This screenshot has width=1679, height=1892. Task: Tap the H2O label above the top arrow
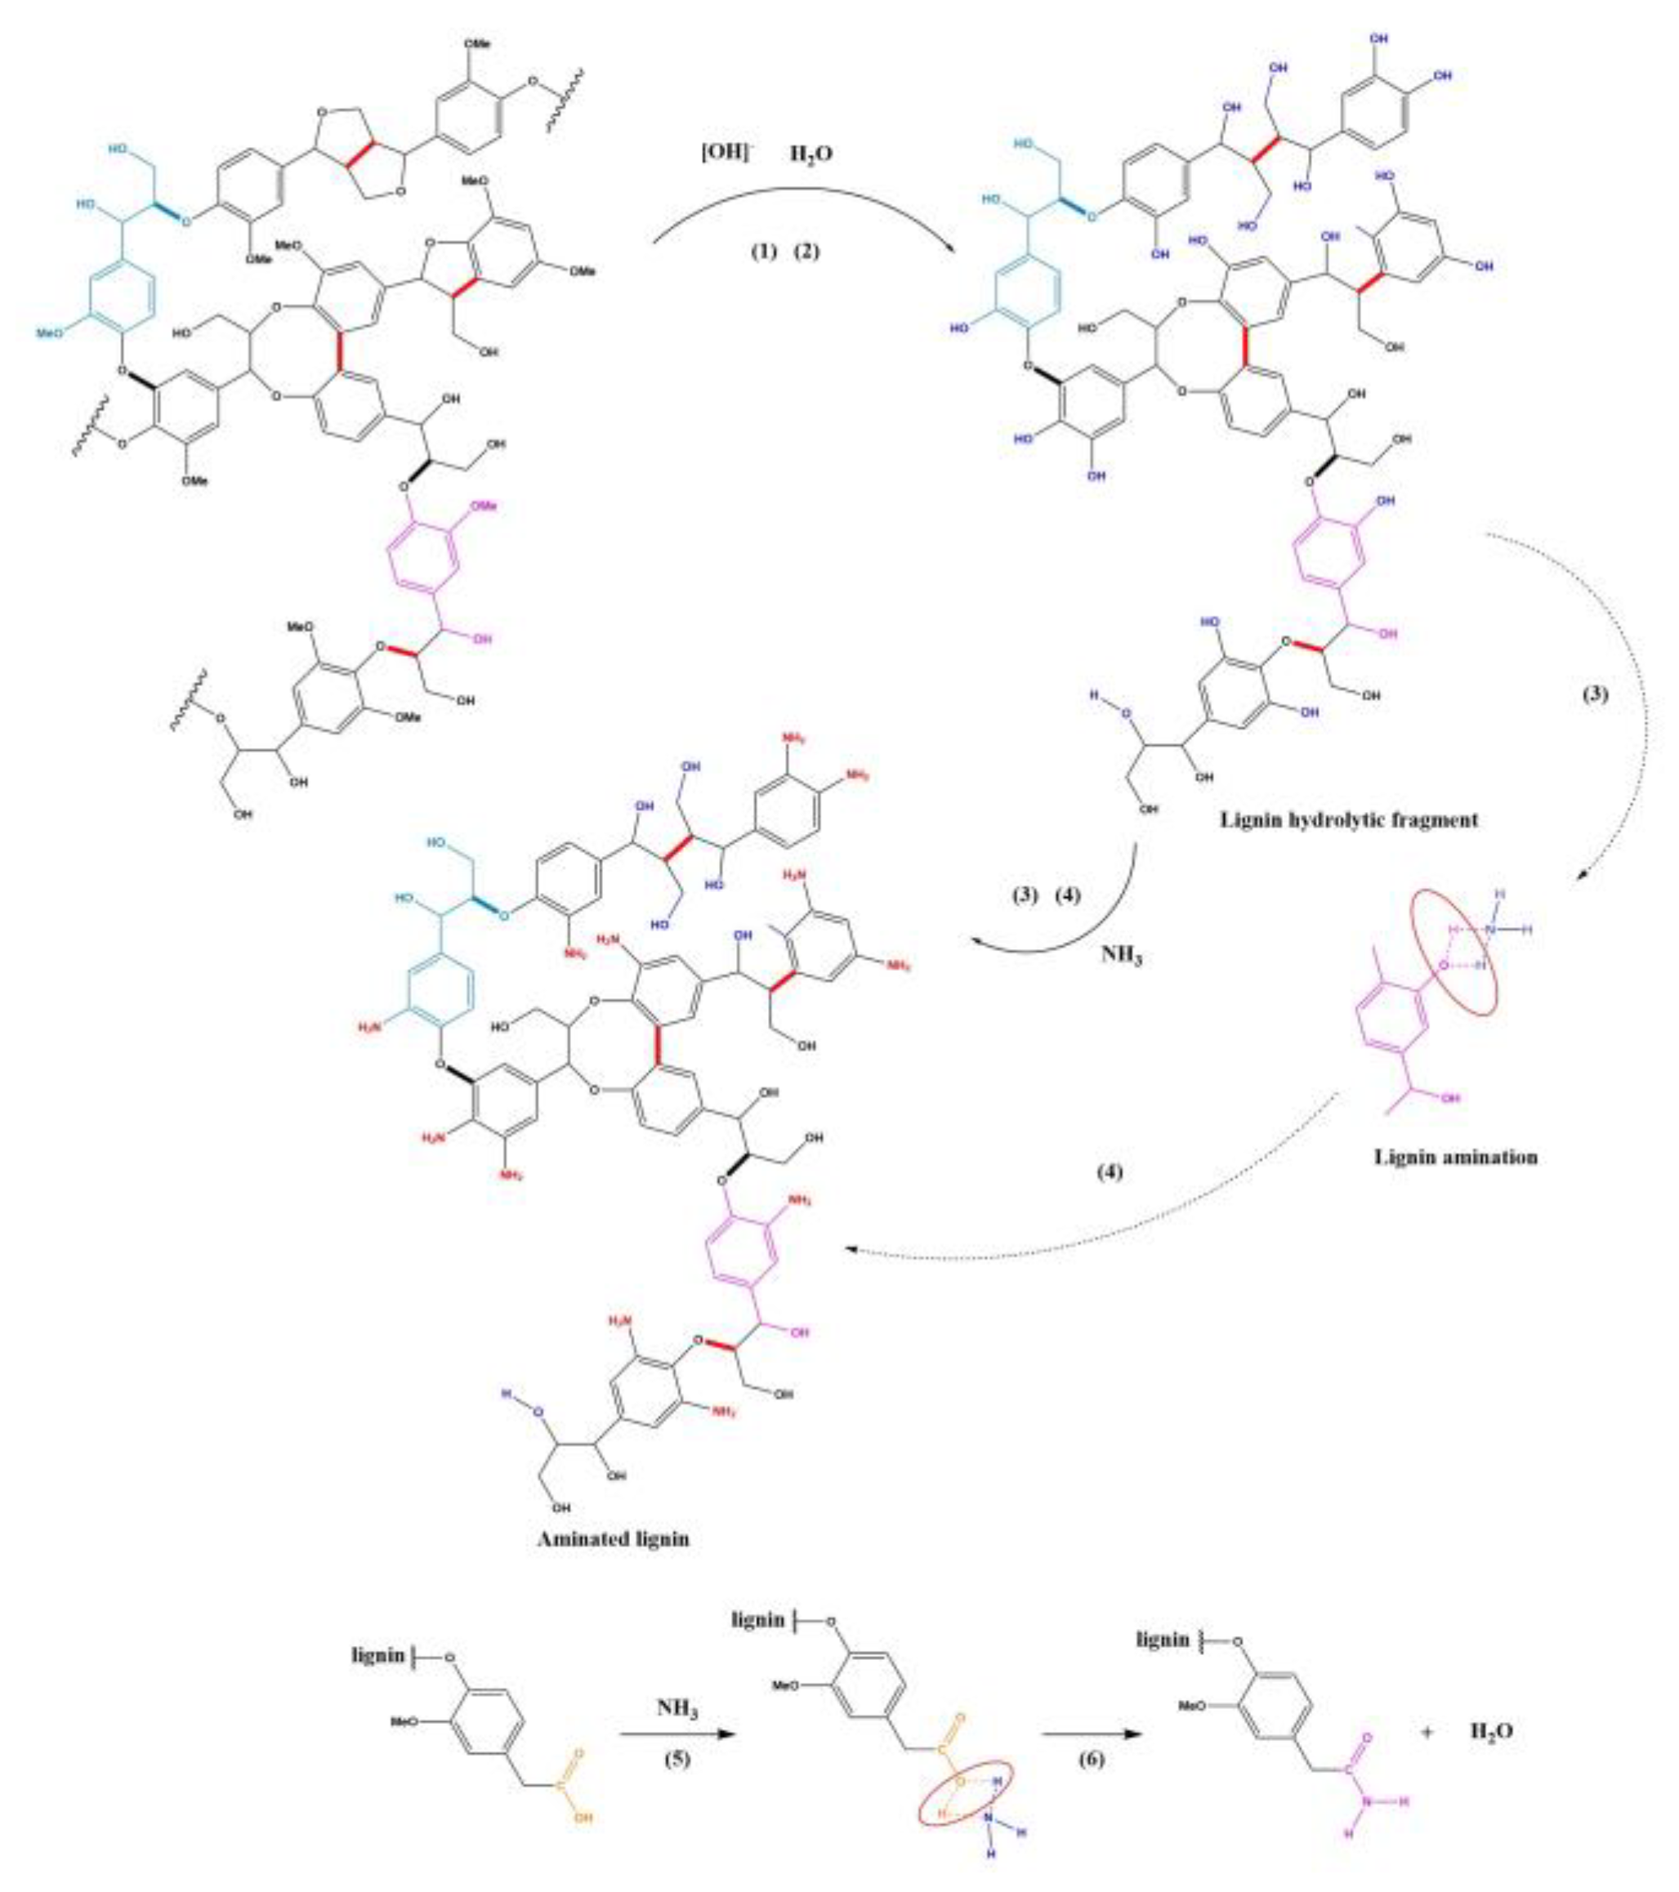[810, 154]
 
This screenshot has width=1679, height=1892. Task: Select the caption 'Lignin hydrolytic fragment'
[1349, 819]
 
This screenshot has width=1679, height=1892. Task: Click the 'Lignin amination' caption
[1456, 1156]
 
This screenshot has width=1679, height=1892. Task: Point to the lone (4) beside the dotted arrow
[1110, 1171]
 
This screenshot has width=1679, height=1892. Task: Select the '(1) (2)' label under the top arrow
[785, 252]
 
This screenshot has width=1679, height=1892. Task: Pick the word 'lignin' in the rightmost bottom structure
[1163, 1639]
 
